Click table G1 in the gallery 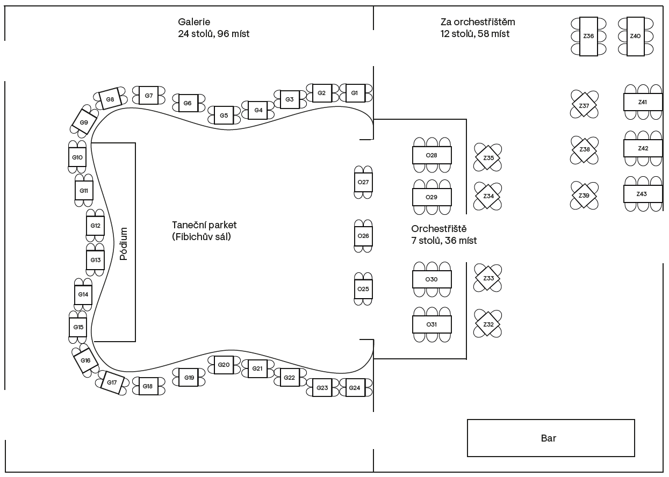[x=355, y=93]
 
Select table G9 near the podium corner [x=84, y=122]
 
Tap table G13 [x=95, y=260]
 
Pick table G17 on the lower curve [x=112, y=382]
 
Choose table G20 [x=224, y=365]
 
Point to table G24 [x=355, y=388]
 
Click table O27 [x=363, y=182]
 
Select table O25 [x=363, y=289]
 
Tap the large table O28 [x=432, y=155]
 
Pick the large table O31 [x=432, y=324]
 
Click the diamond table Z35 [x=488, y=157]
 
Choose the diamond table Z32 [x=488, y=324]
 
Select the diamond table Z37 [x=584, y=105]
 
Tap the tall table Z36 [x=588, y=37]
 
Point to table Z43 [x=643, y=194]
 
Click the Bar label [x=549, y=438]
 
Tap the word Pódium [x=124, y=243]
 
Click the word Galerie [x=194, y=22]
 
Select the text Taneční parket [x=204, y=225]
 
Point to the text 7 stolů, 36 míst [x=444, y=241]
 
